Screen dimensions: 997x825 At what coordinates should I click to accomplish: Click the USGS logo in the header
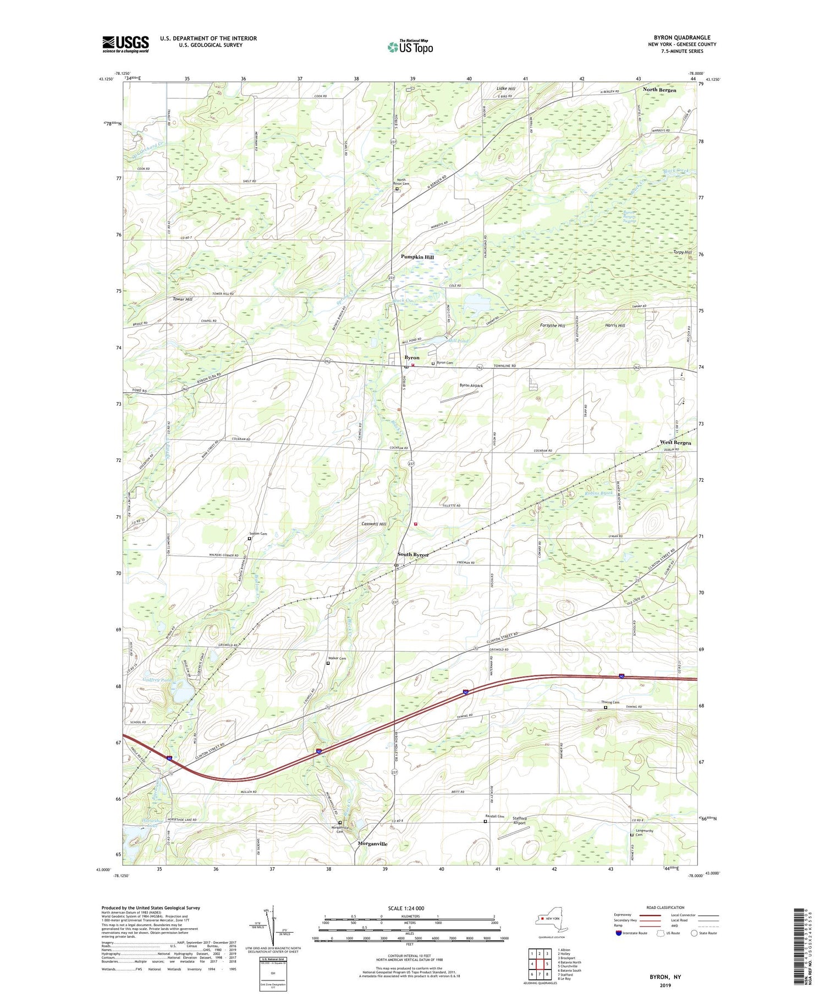[x=125, y=44]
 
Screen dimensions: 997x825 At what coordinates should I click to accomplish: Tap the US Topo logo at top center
[x=410, y=47]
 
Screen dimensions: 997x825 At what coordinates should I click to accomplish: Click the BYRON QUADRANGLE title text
[x=681, y=37]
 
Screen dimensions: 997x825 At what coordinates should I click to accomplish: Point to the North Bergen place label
[x=659, y=90]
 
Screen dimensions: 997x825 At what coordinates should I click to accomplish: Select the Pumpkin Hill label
[x=417, y=257]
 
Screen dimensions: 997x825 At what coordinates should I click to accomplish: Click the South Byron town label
[x=413, y=555]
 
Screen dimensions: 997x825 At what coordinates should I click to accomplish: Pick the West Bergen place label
[x=675, y=442]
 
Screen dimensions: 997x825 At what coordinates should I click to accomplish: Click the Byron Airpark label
[x=471, y=385]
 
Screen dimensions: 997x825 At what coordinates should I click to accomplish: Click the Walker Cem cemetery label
[x=337, y=658]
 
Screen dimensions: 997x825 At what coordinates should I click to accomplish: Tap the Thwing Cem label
[x=610, y=702]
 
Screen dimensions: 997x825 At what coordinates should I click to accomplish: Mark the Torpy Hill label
[x=683, y=252]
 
